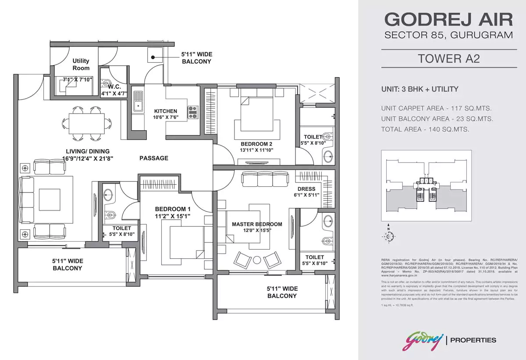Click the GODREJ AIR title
[448, 20]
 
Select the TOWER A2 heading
[448, 59]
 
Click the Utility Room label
[81, 64]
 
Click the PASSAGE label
[154, 158]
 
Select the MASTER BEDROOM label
[257, 224]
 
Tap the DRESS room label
[307, 189]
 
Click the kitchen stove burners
[193, 113]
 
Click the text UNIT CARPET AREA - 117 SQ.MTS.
[437, 108]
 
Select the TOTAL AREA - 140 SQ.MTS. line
[425, 129]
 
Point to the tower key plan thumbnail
[426, 185]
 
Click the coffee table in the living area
[50, 200]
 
